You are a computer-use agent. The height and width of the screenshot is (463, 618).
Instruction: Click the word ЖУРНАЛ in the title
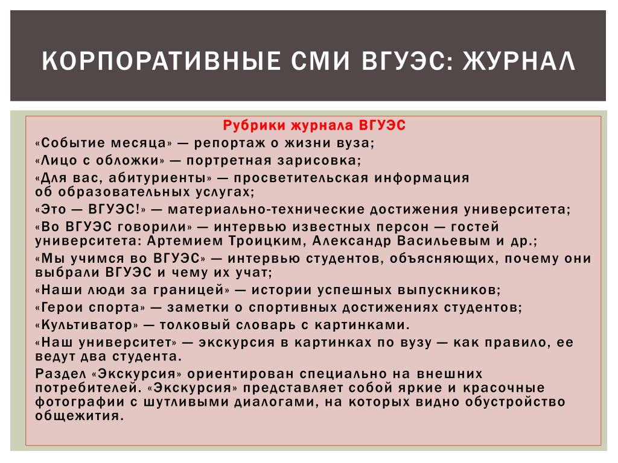[x=518, y=61]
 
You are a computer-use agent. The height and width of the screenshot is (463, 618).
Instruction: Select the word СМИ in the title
[x=320, y=61]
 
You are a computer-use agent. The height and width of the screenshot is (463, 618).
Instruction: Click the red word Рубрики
[x=254, y=125]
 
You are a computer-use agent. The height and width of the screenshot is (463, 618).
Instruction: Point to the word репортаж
[x=229, y=143]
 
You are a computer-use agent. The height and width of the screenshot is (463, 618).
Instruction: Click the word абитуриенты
[x=158, y=178]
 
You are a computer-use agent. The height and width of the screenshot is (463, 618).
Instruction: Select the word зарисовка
[x=319, y=160]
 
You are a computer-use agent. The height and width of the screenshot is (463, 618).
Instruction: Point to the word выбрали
[x=68, y=272]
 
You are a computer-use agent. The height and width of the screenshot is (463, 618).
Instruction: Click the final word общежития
[x=79, y=416]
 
